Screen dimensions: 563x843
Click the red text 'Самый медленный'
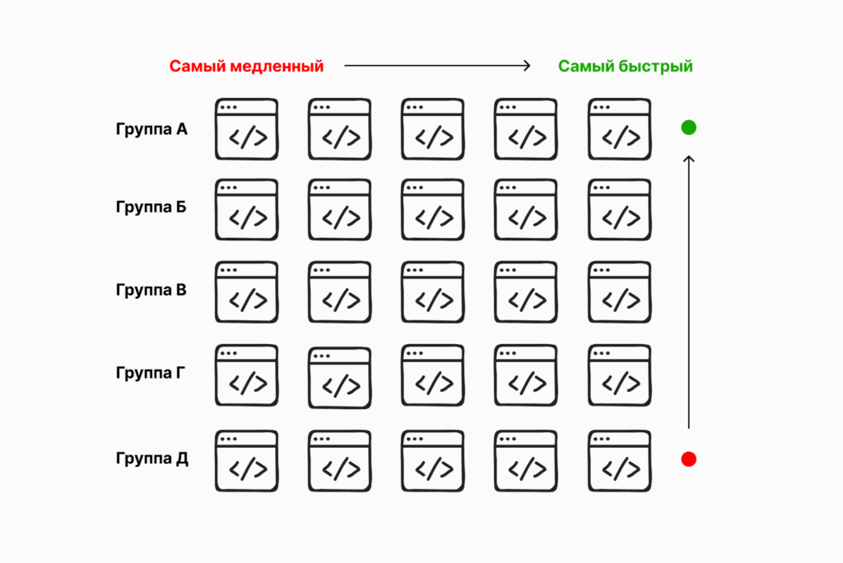tap(246, 67)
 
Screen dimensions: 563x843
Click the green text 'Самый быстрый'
tap(626, 67)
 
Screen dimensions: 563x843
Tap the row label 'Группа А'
tap(151, 128)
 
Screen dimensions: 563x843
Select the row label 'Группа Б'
tap(151, 206)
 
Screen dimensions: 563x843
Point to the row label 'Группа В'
tap(151, 290)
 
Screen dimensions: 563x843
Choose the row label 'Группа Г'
tap(151, 372)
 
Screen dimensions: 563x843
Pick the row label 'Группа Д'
tap(151, 458)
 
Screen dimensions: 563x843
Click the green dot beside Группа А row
tap(689, 128)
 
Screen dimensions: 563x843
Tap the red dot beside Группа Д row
tap(689, 459)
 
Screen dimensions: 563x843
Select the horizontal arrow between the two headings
tap(437, 67)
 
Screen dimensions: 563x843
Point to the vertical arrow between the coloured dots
tap(689, 291)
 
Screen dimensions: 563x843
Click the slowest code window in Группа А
tap(246, 129)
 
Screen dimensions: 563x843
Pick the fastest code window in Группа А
tap(619, 129)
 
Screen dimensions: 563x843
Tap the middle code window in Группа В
tap(433, 292)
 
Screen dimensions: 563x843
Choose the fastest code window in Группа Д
tap(619, 461)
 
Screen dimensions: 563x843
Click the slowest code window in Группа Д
tap(246, 461)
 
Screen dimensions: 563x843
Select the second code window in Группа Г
tap(339, 377)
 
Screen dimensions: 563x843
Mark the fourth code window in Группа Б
tap(526, 210)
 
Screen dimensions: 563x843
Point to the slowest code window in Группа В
tap(246, 292)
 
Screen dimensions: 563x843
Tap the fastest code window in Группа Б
tap(619, 210)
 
